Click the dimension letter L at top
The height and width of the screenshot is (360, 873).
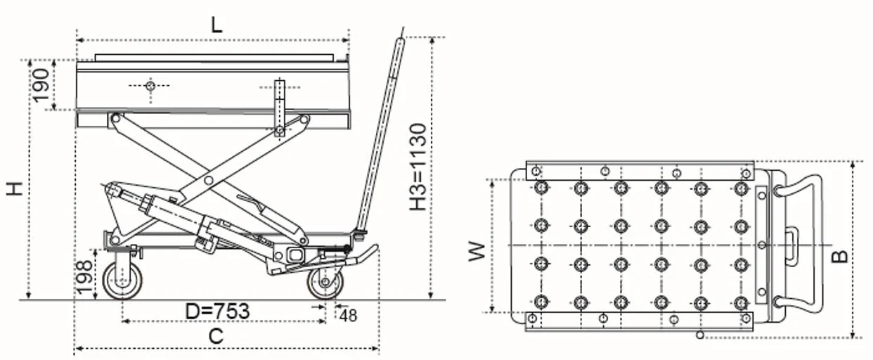coord(216,25)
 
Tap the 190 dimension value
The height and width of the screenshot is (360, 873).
coord(41,84)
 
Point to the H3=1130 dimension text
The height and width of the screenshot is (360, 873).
coord(418,167)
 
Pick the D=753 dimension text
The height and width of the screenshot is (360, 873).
coord(217,311)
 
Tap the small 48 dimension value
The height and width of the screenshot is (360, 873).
coord(348,316)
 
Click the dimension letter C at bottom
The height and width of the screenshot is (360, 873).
coord(216,337)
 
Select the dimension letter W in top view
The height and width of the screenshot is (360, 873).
coord(477,251)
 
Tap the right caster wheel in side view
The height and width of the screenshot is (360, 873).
coord(325,282)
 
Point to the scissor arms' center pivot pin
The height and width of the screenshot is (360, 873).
coord(209,181)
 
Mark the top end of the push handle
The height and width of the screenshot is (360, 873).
coord(400,42)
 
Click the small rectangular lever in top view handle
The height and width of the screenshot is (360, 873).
coord(791,245)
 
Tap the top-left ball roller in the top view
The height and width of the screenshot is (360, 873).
coord(541,188)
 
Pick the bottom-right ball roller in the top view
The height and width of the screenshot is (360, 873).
coord(740,302)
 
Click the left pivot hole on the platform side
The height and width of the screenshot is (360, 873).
coord(149,86)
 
